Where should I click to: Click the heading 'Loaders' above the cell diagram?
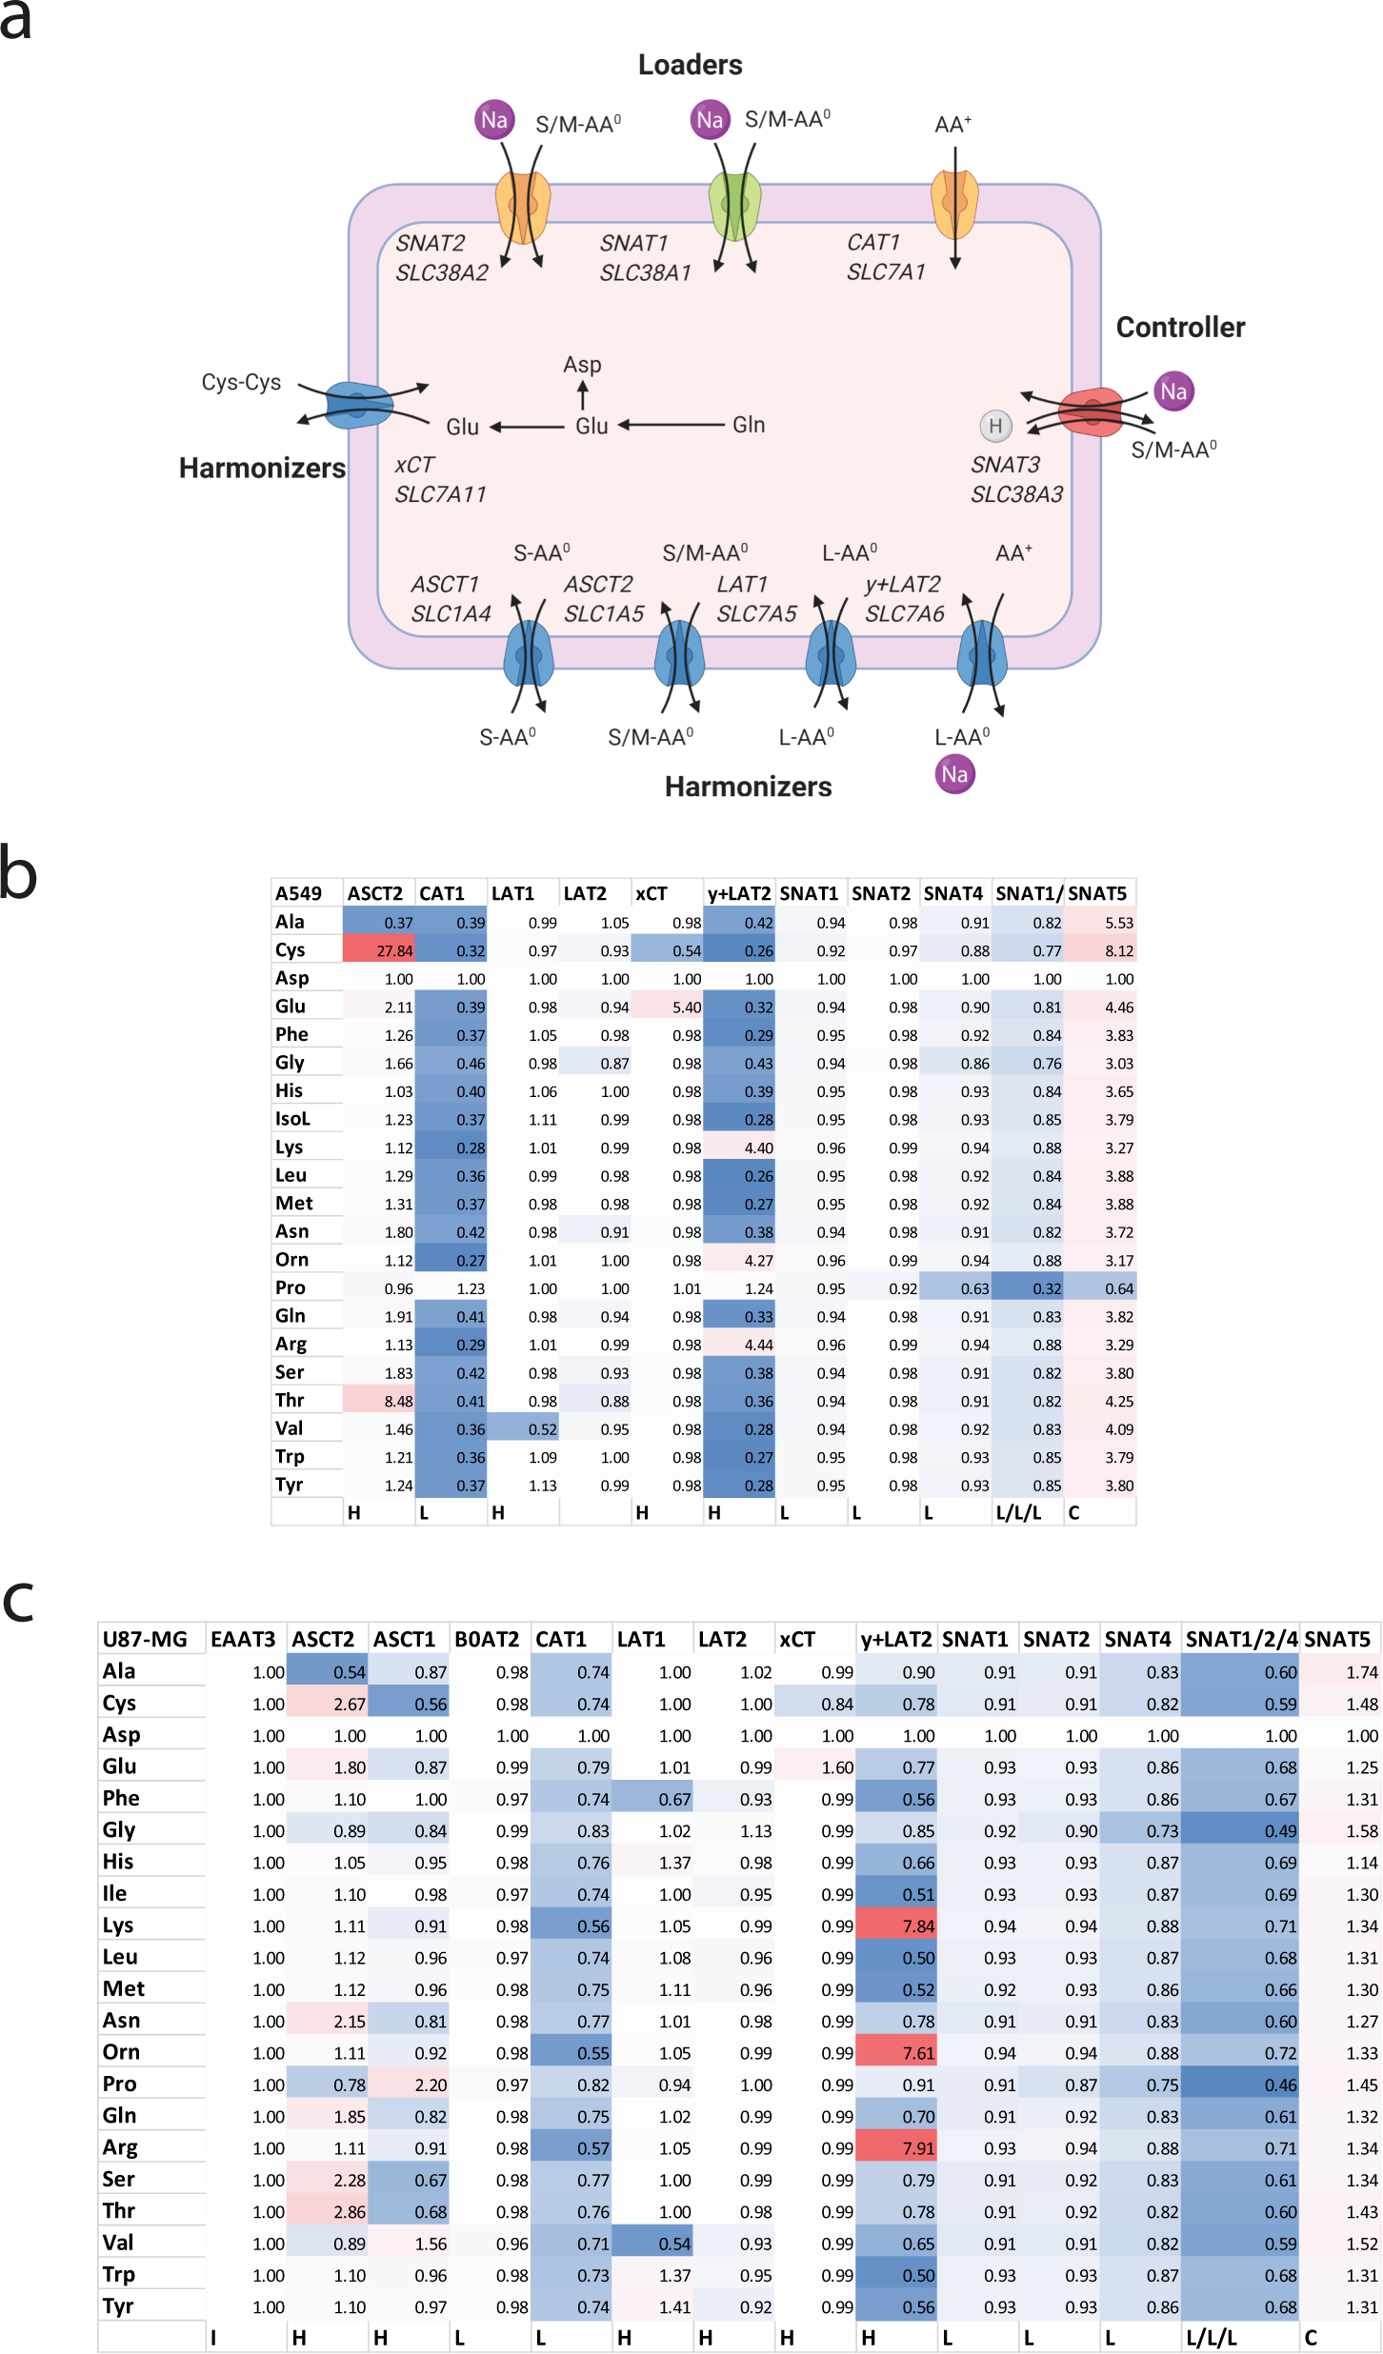pyautogui.click(x=690, y=65)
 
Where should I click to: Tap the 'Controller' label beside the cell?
pyautogui.click(x=1180, y=328)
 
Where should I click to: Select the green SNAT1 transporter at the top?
pyautogui.click(x=734, y=204)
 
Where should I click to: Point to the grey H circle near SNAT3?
pyautogui.click(x=995, y=426)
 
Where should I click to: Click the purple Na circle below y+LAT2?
pyautogui.click(x=954, y=774)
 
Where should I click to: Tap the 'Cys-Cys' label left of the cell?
pyautogui.click(x=241, y=383)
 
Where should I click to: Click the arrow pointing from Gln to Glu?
pyautogui.click(x=671, y=425)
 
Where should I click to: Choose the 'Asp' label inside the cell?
pyautogui.click(x=582, y=365)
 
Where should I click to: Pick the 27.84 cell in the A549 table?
pyautogui.click(x=379, y=950)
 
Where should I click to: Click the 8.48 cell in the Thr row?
pyautogui.click(x=379, y=1401)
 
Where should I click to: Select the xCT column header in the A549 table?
pyautogui.click(x=651, y=893)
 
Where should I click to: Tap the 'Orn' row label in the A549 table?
pyautogui.click(x=292, y=1260)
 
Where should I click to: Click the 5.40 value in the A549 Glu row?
pyautogui.click(x=668, y=1007)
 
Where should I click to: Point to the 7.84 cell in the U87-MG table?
pyautogui.click(x=896, y=1926)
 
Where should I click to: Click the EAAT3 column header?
pyautogui.click(x=243, y=1639)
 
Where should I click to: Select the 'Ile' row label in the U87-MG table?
pyautogui.click(x=114, y=1894)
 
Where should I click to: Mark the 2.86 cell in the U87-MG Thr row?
pyautogui.click(x=328, y=2212)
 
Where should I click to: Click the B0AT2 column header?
pyautogui.click(x=487, y=1639)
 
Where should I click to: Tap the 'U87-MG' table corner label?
pyautogui.click(x=145, y=1639)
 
